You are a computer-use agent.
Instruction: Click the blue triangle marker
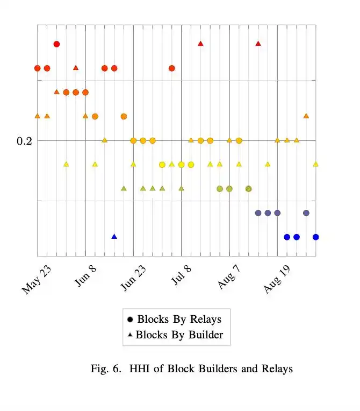[114, 236]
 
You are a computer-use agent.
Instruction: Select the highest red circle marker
[56, 44]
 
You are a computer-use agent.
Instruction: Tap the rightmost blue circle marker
[315, 237]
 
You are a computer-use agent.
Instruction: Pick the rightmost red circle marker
[171, 68]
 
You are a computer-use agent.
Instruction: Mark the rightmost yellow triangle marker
[315, 164]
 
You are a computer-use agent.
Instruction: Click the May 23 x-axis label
[37, 280]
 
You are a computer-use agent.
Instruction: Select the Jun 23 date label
[133, 278]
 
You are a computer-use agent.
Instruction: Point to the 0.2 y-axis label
[25, 141]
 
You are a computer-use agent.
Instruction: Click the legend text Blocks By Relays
[179, 320]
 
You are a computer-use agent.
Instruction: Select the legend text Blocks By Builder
[179, 335]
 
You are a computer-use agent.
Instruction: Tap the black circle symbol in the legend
[130, 320]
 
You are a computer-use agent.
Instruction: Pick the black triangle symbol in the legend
[130, 335]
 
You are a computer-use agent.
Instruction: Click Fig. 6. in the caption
[107, 369]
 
